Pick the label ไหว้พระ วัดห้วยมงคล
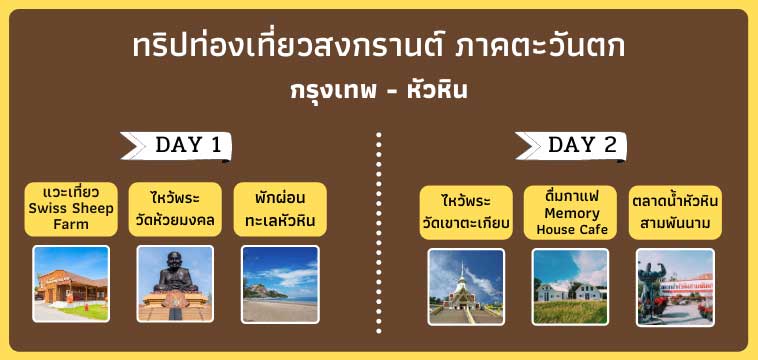(x=176, y=208)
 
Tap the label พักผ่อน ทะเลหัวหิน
(x=279, y=208)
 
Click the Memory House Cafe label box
(x=571, y=212)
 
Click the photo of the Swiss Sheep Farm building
(x=71, y=284)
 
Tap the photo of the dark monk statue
(x=176, y=284)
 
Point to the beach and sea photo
(x=280, y=284)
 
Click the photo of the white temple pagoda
(x=466, y=286)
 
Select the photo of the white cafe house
(x=570, y=286)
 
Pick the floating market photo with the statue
(x=676, y=286)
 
